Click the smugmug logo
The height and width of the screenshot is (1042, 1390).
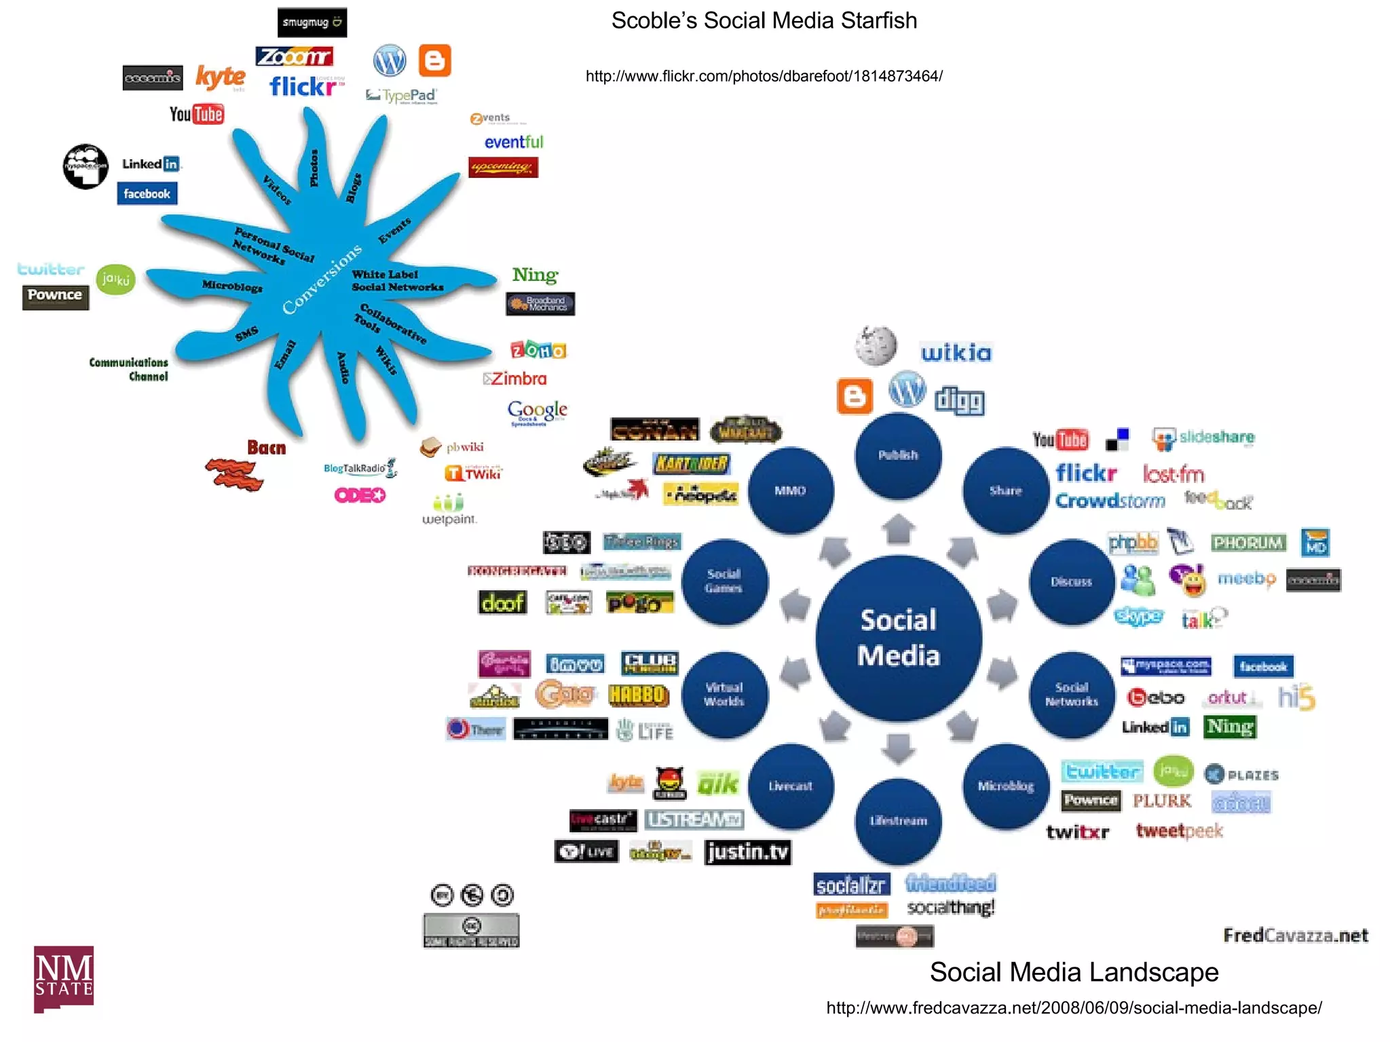coord(312,22)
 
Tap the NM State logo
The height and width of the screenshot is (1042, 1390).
coord(64,978)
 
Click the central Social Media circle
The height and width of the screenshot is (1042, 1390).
coord(898,638)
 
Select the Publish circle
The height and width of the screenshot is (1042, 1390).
coord(898,455)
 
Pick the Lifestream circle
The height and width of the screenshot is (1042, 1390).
coord(898,821)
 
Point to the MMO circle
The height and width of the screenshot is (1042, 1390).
coord(790,490)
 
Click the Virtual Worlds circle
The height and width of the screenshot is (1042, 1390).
coord(724,695)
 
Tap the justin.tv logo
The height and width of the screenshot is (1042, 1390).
coord(747,852)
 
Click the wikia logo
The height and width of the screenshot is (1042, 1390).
coord(956,353)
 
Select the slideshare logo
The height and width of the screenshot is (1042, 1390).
coord(1203,438)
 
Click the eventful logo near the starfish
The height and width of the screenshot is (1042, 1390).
coord(513,142)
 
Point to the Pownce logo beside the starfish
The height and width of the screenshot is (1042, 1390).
coord(55,296)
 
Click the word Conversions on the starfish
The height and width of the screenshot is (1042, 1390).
coord(322,279)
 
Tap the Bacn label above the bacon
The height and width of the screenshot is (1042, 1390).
coord(266,448)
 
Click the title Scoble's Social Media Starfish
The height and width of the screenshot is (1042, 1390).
coord(764,20)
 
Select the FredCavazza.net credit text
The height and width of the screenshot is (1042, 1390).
coord(1295,935)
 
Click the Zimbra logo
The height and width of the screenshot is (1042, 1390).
coord(516,379)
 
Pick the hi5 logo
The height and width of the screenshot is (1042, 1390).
coord(1296,697)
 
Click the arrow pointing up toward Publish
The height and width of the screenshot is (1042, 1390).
coord(899,529)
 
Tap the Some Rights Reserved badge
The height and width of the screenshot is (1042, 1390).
coord(471,931)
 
